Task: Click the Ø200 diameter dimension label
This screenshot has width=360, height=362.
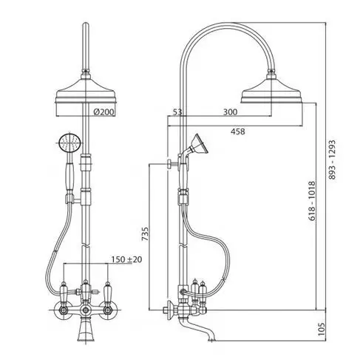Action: click(104, 112)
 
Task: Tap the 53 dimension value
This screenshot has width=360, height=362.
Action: click(177, 112)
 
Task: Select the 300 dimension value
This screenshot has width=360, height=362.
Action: click(230, 112)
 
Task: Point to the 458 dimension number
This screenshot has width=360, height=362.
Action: click(238, 132)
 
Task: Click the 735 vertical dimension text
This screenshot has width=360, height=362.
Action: click(146, 234)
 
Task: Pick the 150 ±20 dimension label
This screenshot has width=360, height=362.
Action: click(126, 259)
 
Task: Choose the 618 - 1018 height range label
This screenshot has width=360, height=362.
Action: click(312, 201)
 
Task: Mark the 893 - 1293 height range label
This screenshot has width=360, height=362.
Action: click(332, 160)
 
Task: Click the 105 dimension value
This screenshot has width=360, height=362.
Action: click(322, 329)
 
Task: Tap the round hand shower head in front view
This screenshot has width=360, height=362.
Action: click(70, 143)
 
